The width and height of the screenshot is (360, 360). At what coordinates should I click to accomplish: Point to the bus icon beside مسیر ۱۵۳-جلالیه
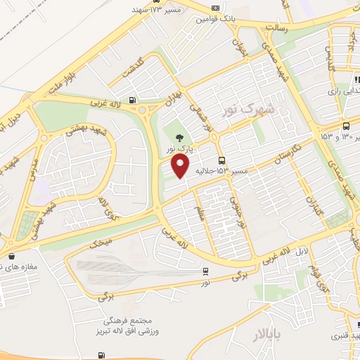(x=222, y=160)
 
